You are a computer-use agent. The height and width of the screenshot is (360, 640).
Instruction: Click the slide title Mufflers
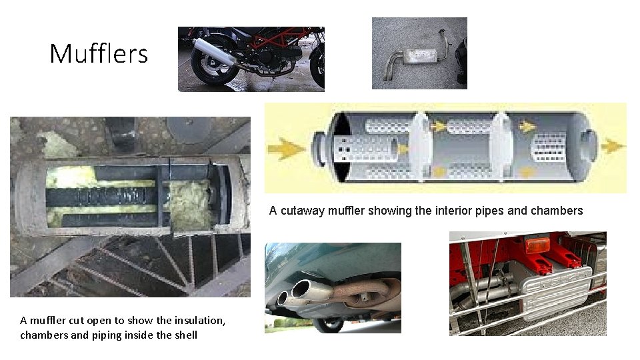pos(99,53)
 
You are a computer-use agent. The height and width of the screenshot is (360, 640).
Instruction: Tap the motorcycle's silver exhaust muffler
pos(214,51)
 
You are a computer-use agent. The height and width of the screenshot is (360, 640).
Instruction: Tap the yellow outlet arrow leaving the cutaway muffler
pos(613,146)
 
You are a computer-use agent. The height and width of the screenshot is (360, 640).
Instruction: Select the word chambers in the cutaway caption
pos(557,211)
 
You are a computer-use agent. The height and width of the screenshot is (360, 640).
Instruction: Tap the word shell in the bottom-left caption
pos(186,335)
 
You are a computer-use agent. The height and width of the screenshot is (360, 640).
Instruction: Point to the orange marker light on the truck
pos(537,246)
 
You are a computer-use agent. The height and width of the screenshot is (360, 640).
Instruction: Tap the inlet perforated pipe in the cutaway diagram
pos(365,149)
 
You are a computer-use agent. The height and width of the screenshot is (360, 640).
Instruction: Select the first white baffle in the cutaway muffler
pos(421,146)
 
